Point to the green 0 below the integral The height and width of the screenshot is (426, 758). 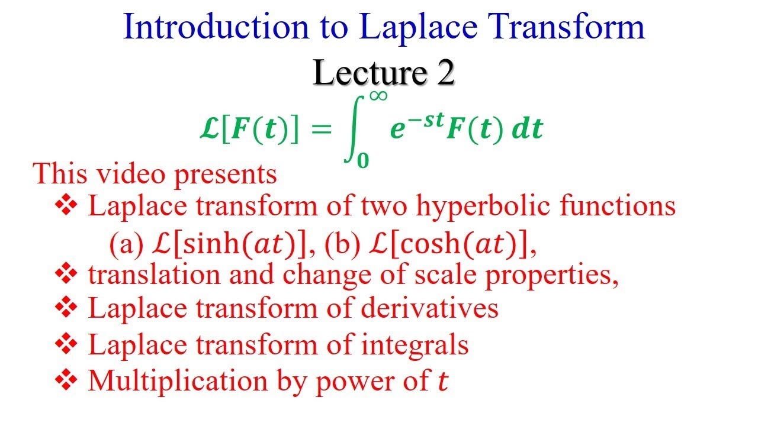[x=362, y=160]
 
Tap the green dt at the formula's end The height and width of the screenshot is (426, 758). [x=527, y=130]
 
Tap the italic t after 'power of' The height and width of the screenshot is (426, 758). [x=442, y=382]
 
